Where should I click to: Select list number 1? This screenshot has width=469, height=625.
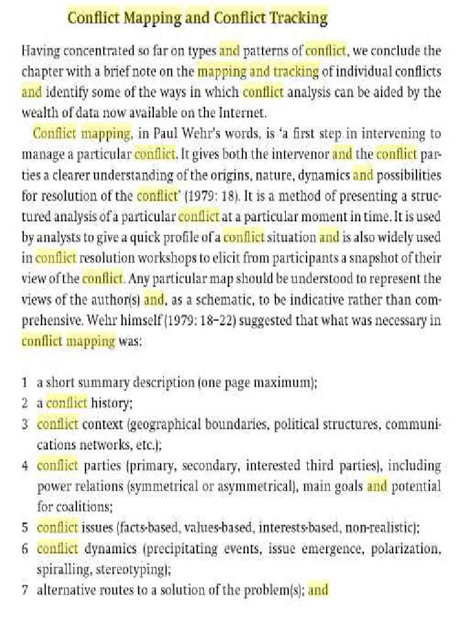[x=24, y=383]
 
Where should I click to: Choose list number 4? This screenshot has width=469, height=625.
[x=24, y=466]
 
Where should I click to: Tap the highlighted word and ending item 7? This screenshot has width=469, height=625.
[x=318, y=590]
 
